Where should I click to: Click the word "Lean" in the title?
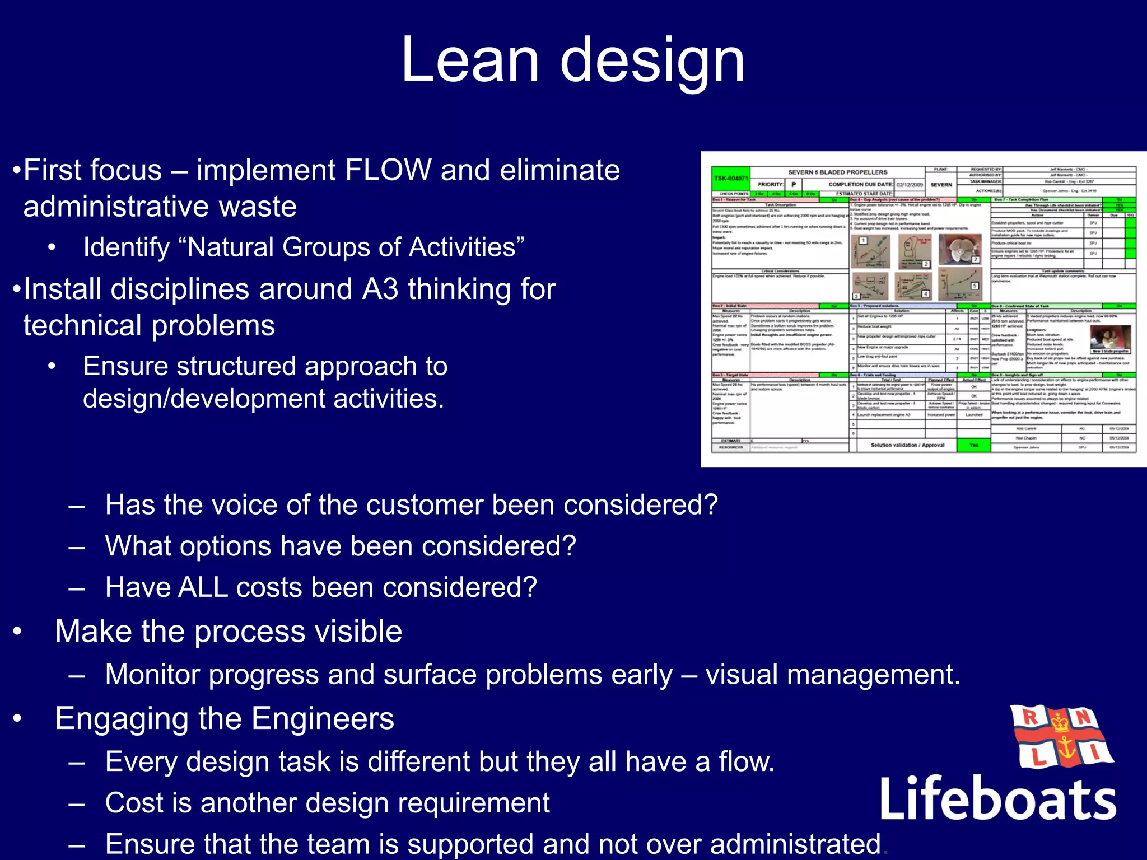(469, 60)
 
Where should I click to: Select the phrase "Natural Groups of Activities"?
(351, 247)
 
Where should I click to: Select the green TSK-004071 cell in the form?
(730, 179)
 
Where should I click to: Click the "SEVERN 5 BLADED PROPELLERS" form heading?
(837, 172)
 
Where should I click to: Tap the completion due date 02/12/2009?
(909, 185)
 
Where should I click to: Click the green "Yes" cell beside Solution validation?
(974, 445)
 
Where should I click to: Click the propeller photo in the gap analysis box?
(960, 250)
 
